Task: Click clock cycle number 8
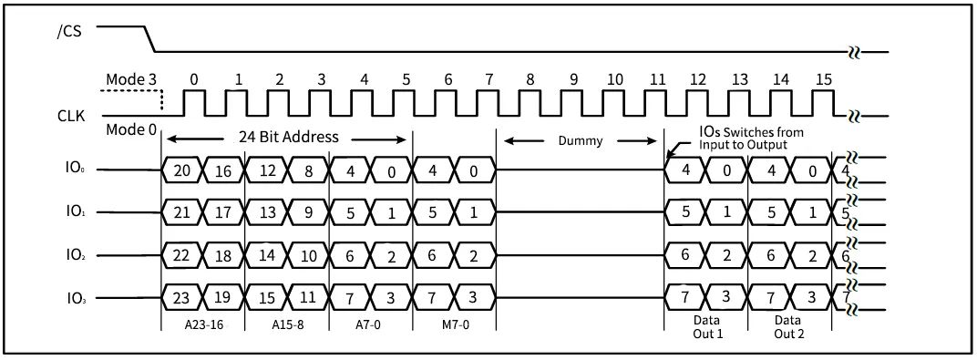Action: tap(530, 79)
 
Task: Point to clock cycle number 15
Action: tap(824, 79)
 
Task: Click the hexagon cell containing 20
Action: tap(181, 170)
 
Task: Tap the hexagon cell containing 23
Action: tap(181, 297)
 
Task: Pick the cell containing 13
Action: tap(266, 212)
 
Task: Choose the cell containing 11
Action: tap(308, 297)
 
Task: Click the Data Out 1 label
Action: tap(706, 328)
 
